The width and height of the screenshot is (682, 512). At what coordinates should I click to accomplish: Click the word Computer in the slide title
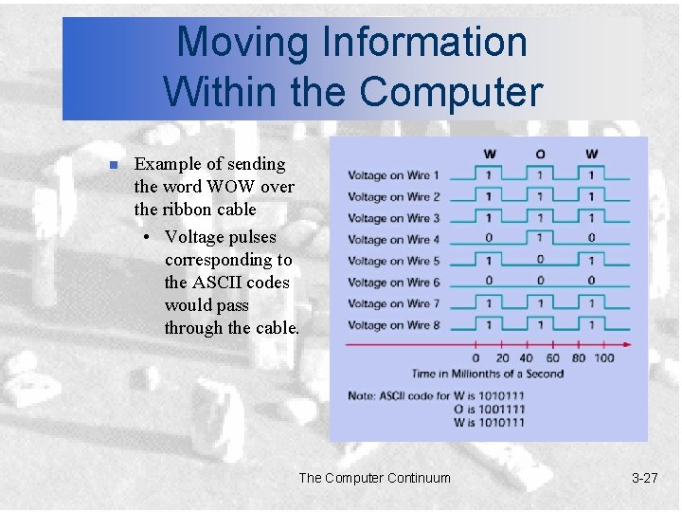pyautogui.click(x=451, y=92)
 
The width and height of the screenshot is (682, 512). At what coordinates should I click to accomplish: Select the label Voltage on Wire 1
pyautogui.click(x=393, y=175)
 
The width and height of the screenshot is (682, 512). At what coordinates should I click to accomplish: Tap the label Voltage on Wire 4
pyautogui.click(x=393, y=240)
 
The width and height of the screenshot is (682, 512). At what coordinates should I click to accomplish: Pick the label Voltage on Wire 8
pyautogui.click(x=393, y=325)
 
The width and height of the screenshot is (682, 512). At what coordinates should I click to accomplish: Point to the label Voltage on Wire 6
pyautogui.click(x=393, y=283)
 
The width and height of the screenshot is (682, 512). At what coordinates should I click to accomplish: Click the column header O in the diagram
pyautogui.click(x=540, y=155)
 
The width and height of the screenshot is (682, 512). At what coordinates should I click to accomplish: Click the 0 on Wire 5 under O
pyautogui.click(x=540, y=260)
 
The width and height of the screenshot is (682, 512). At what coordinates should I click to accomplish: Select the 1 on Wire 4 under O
pyautogui.click(x=540, y=238)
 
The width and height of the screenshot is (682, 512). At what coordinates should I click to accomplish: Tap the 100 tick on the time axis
pyautogui.click(x=603, y=357)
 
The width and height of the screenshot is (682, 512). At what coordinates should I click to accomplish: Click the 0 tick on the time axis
pyautogui.click(x=476, y=357)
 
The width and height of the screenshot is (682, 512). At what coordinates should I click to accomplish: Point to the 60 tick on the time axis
pyautogui.click(x=552, y=357)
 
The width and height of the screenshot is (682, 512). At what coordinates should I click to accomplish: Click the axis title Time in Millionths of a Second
pyautogui.click(x=487, y=374)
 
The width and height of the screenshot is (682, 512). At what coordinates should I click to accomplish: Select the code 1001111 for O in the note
pyautogui.click(x=502, y=409)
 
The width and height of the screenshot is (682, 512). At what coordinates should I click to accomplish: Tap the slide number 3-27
pyautogui.click(x=644, y=478)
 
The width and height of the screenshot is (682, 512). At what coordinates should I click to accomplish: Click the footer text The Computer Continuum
pyautogui.click(x=374, y=478)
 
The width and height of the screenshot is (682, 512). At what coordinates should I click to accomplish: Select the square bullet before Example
pyautogui.click(x=113, y=166)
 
